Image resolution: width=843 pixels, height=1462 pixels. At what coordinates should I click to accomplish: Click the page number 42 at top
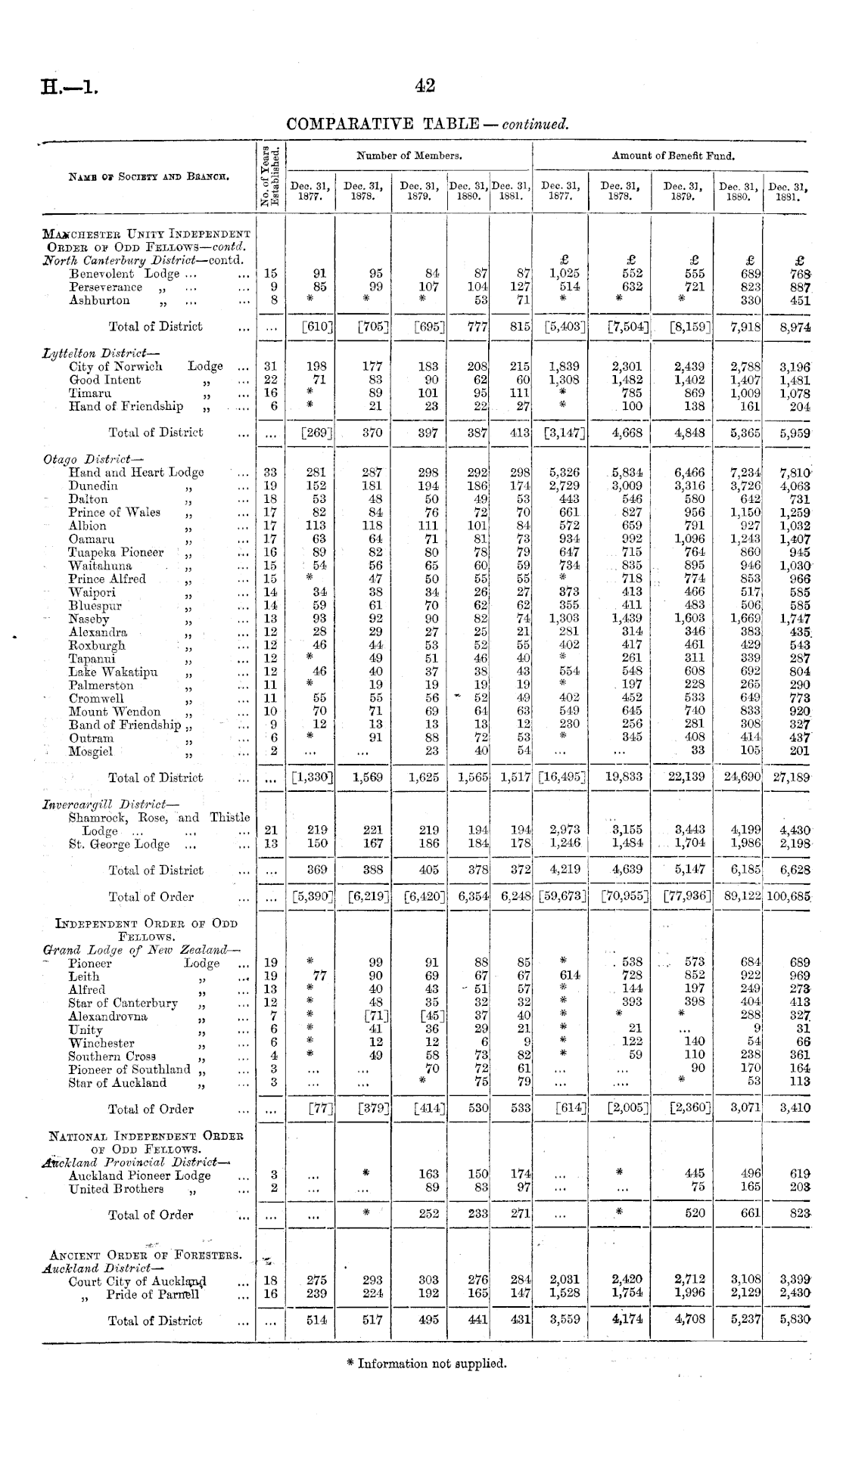[425, 86]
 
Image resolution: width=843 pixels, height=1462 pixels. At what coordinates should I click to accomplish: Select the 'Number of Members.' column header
[409, 156]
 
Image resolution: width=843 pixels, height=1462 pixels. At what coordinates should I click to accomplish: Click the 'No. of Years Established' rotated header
[270, 175]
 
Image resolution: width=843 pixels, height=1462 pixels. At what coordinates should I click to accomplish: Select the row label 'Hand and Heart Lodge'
[136, 473]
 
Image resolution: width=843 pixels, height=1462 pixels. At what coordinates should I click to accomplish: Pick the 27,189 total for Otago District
[791, 778]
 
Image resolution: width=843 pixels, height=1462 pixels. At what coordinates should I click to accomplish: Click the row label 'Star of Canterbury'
[123, 1004]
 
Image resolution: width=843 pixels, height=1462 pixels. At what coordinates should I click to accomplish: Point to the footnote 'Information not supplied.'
[426, 1364]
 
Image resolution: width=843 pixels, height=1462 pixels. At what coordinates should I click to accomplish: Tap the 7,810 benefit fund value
[795, 473]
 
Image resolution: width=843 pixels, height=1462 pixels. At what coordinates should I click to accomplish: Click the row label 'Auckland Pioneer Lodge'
[139, 1175]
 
